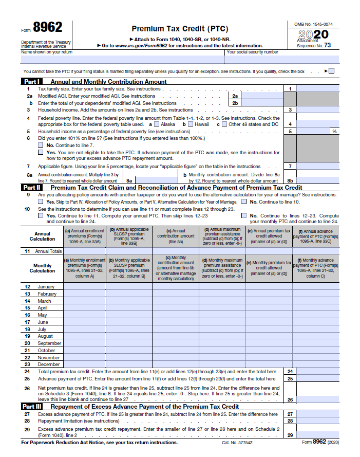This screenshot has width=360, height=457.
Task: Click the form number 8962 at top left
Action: [x=47, y=28]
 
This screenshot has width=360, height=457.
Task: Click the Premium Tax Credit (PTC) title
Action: [x=180, y=29]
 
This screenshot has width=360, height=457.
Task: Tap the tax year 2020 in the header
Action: [x=313, y=34]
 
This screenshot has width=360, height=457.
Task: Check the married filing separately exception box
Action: [x=331, y=71]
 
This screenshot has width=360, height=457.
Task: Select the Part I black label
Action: [x=32, y=81]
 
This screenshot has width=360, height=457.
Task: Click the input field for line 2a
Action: [x=261, y=96]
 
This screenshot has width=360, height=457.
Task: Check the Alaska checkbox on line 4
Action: [x=157, y=124]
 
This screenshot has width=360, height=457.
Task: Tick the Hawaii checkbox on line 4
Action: [x=191, y=124]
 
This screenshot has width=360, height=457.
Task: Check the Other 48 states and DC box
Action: [x=225, y=124]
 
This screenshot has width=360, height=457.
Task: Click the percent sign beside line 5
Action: [x=334, y=132]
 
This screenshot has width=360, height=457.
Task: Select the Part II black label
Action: [x=32, y=188]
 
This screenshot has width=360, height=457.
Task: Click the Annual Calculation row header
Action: [x=42, y=236]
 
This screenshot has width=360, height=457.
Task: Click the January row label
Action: [x=46, y=286]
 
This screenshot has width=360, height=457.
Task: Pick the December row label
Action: [x=48, y=364]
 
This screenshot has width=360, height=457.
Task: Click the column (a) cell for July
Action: [x=84, y=329]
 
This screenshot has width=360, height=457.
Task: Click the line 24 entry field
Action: [x=318, y=372]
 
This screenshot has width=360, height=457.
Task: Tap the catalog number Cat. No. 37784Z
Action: [x=238, y=442]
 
